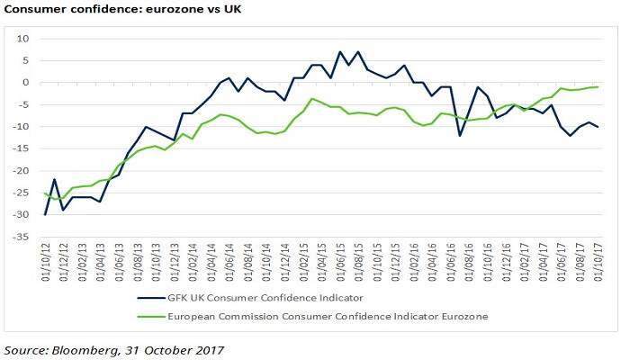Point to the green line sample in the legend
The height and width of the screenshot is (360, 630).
click(153, 316)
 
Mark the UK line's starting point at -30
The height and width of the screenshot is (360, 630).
click(45, 215)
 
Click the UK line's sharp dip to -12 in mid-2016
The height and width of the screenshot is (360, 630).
click(460, 135)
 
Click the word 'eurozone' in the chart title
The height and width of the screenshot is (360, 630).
click(157, 10)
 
